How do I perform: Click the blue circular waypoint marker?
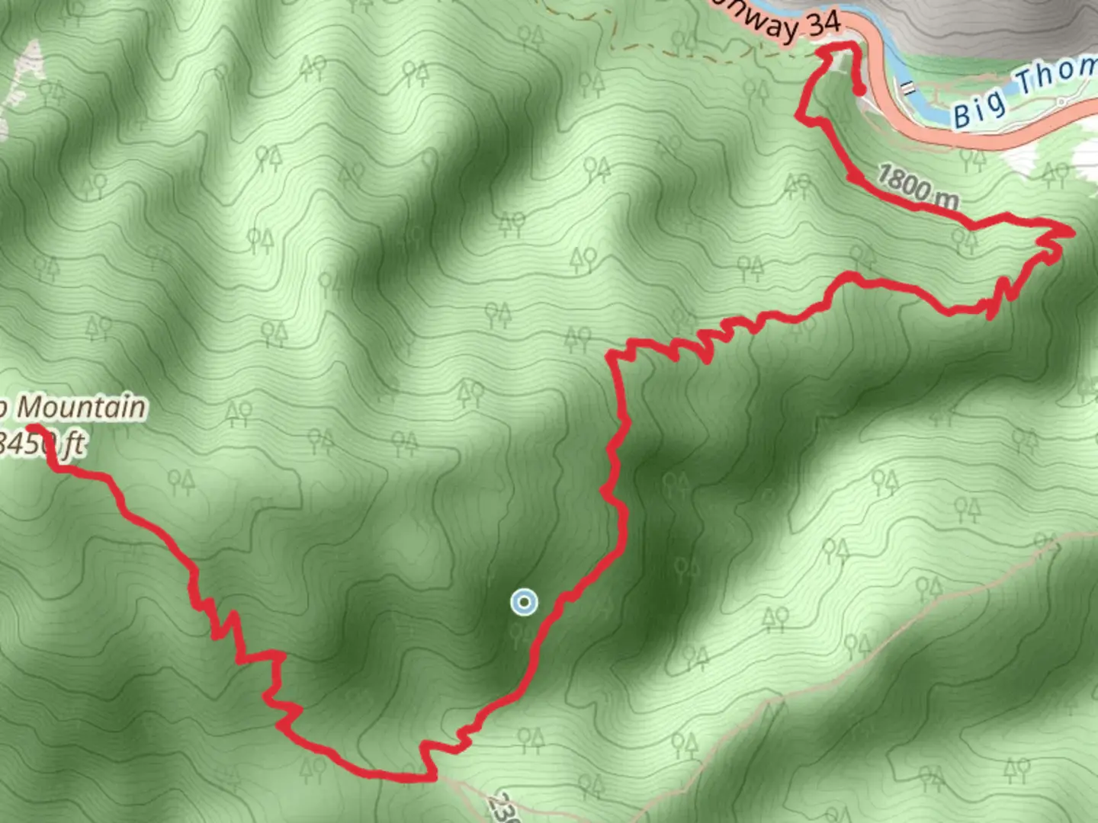524,602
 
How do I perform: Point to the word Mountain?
81,408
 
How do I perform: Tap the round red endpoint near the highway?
859,91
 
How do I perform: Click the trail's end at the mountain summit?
31,428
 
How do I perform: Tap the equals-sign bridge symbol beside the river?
908,88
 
